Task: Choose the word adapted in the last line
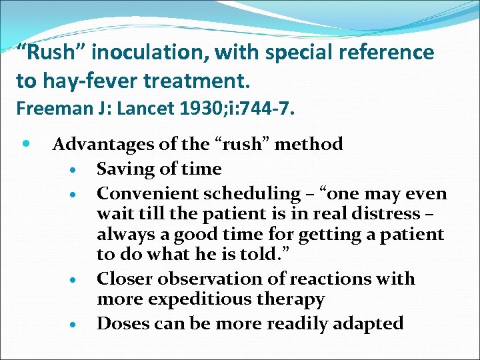pyautogui.click(x=367, y=324)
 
